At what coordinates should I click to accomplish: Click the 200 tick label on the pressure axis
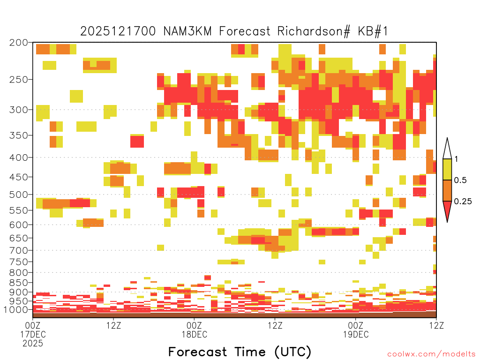coord(19,43)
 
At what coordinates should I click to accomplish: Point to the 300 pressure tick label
coord(19,110)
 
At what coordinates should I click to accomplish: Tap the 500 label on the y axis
coord(19,195)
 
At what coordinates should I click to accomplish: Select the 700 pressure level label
coord(19,250)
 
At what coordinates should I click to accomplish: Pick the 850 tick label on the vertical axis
coord(19,283)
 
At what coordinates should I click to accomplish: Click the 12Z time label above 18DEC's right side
coord(275,325)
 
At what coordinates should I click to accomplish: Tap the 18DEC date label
coord(195,334)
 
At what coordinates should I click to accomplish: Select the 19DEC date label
coord(356,334)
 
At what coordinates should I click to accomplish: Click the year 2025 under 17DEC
coord(33,343)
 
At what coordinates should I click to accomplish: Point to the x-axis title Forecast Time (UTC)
coord(240,352)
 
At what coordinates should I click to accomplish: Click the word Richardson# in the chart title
coord(314,31)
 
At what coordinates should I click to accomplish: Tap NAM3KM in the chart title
coord(187,31)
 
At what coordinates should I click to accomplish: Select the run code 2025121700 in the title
coord(118,31)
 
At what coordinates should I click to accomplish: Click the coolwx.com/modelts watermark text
coord(431,354)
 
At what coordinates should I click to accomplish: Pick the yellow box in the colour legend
coord(447,169)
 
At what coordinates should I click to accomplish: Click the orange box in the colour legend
coord(447,190)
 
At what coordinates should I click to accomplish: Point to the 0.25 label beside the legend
coord(463,202)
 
